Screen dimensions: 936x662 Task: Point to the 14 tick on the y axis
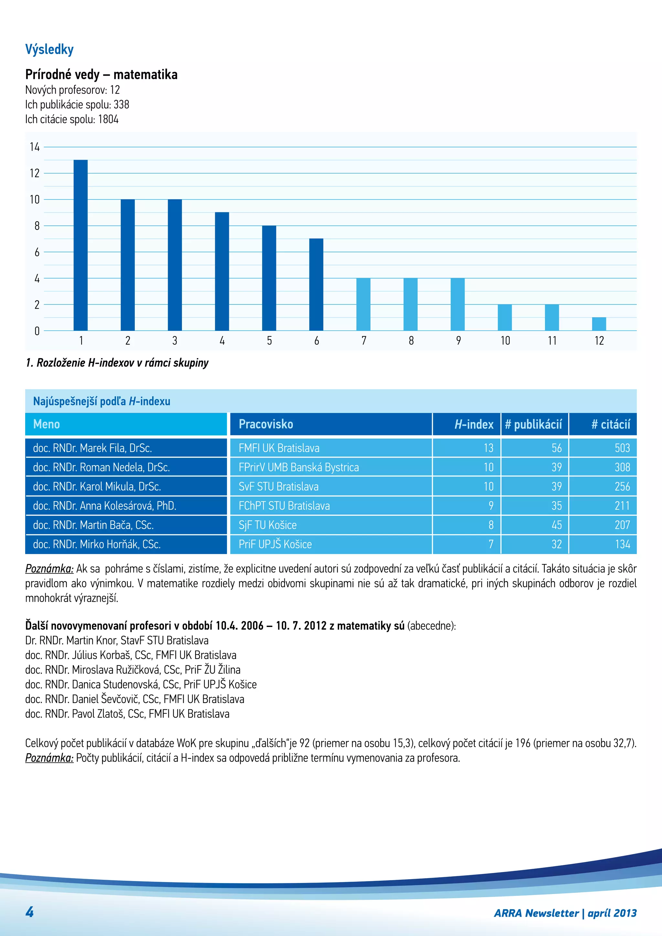point(35,147)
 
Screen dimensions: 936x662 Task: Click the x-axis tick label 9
point(458,340)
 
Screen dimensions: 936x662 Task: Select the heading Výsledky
point(49,49)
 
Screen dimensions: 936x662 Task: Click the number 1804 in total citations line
point(108,120)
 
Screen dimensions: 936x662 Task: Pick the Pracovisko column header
point(266,424)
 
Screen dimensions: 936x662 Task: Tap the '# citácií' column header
point(610,424)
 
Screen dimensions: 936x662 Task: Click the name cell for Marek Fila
point(92,448)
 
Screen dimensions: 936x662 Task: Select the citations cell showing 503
point(622,448)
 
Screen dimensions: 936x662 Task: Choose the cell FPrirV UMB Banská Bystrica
point(298,467)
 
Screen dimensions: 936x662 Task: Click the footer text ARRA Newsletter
point(536,913)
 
